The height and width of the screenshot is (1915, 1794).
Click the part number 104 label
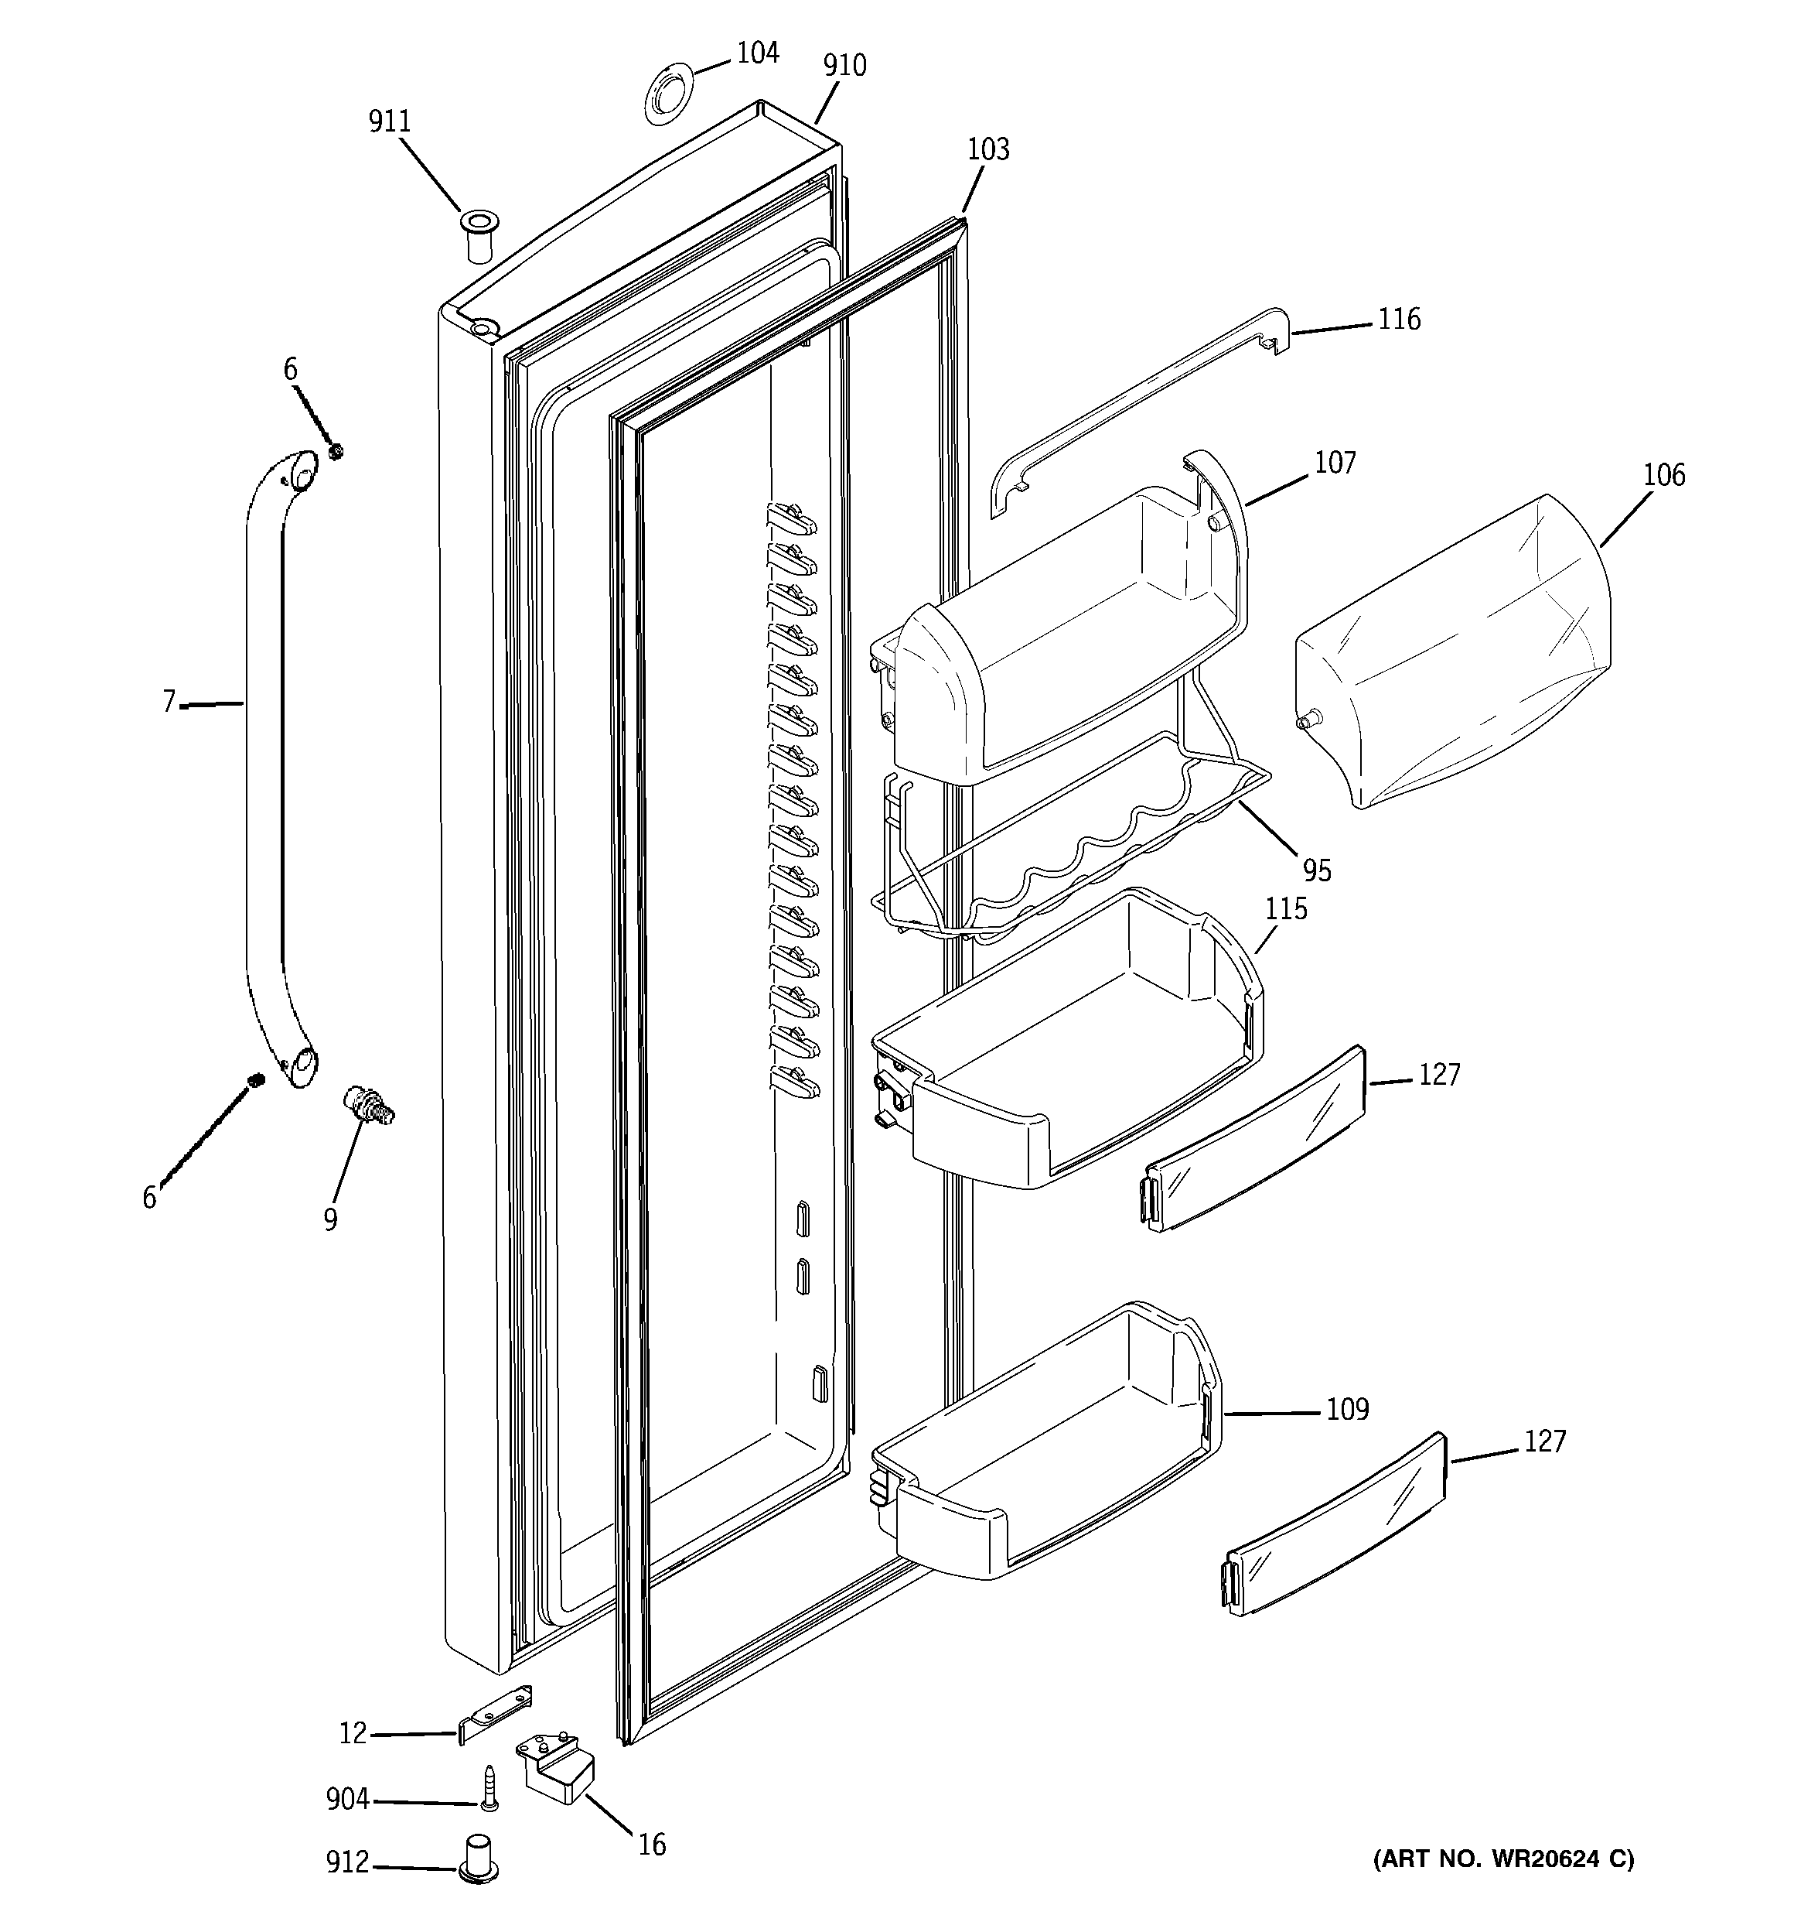pyautogui.click(x=757, y=53)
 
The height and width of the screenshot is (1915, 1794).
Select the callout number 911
pyautogui.click(x=389, y=121)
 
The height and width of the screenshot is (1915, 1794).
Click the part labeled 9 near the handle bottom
pyautogui.click(x=367, y=1104)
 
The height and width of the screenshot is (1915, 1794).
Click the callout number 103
pyautogui.click(x=988, y=149)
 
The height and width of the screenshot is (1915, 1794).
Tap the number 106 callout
pyautogui.click(x=1664, y=475)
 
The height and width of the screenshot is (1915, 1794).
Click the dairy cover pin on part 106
pyautogui.click(x=1306, y=720)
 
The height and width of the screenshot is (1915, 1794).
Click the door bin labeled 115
pyautogui.click(x=1069, y=1041)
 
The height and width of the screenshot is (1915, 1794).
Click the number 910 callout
pyautogui.click(x=844, y=66)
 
